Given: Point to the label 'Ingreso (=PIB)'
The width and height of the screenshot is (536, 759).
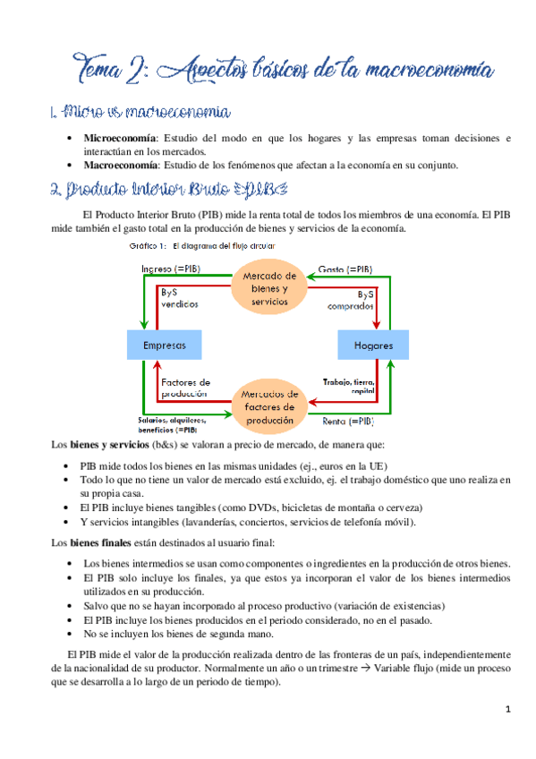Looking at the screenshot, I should tap(172, 268).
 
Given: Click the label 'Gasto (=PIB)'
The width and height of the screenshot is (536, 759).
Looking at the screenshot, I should tap(345, 268).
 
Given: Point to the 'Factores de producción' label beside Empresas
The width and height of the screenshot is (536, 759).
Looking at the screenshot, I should tap(186, 388).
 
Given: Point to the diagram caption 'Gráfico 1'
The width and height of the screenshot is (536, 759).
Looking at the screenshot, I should tap(149, 245).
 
